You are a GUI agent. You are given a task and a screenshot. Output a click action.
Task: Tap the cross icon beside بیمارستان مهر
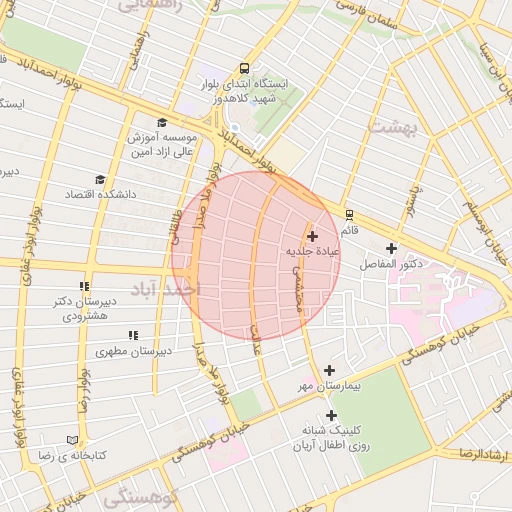329,370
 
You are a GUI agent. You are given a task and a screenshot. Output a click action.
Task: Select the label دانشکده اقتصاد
94,192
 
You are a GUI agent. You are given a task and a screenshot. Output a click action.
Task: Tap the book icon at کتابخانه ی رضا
71,439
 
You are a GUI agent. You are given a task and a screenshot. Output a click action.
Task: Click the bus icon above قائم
349,214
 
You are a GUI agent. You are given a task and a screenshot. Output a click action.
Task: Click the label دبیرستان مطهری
133,351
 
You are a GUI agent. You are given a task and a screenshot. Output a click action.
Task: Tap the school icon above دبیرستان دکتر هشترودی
85,286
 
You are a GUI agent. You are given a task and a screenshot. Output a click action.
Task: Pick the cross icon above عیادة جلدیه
313,237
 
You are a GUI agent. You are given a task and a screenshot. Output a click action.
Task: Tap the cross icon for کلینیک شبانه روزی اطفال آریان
331,415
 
